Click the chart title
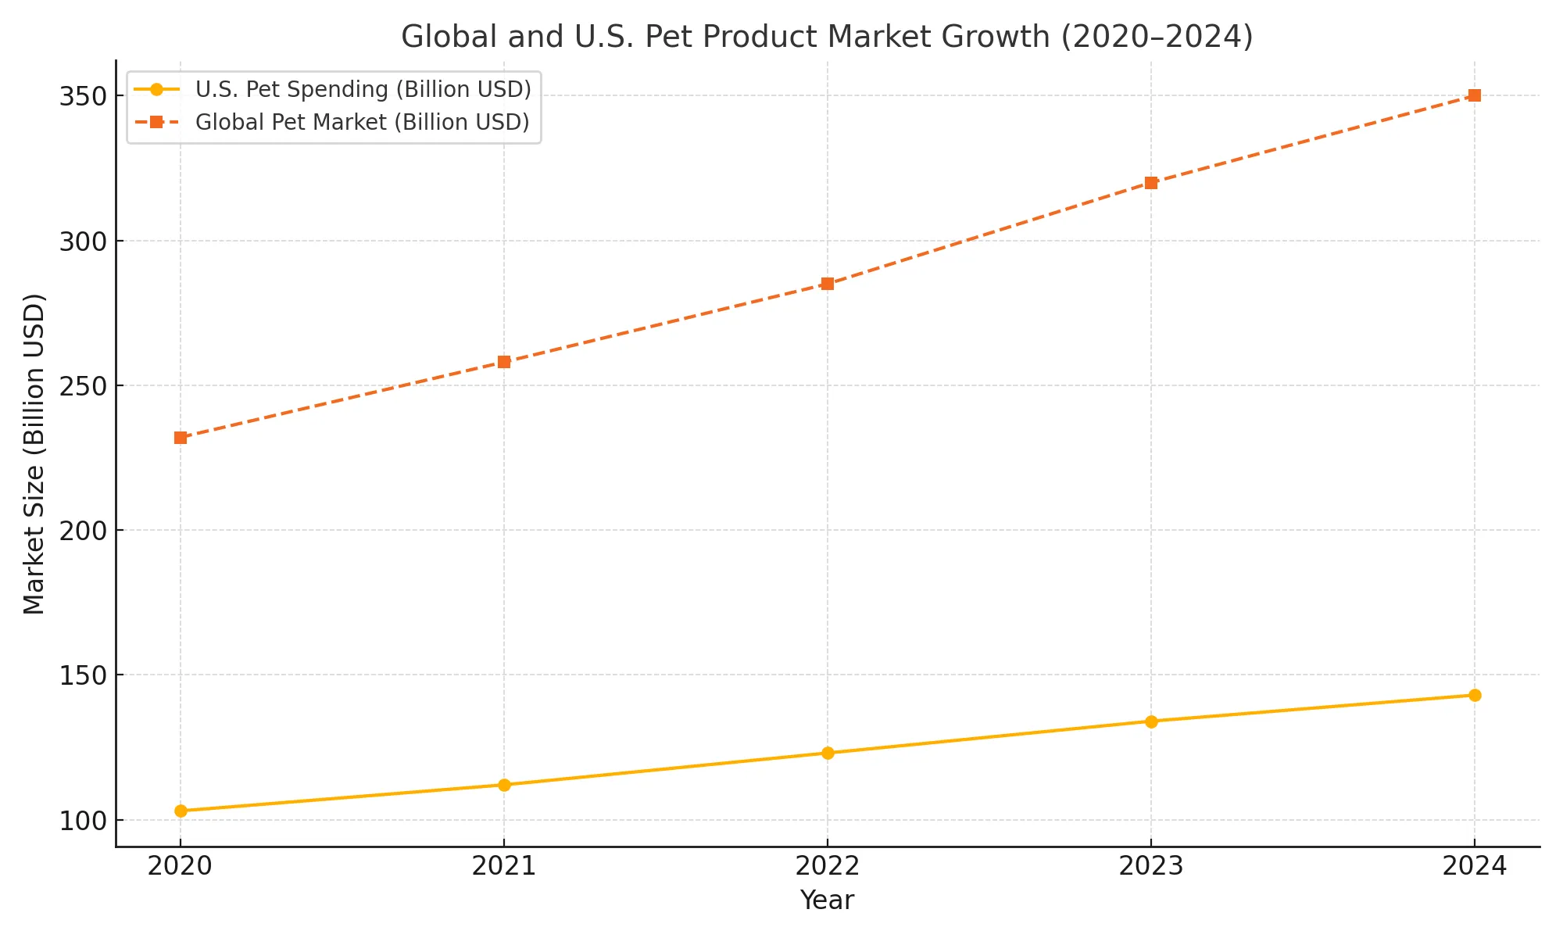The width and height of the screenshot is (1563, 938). [x=827, y=38]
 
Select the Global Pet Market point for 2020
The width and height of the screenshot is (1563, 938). [x=181, y=438]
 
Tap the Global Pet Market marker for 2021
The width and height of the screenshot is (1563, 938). [x=504, y=362]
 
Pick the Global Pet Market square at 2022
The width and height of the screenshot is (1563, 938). [x=828, y=284]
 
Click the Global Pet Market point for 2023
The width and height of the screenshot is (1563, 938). [x=1151, y=183]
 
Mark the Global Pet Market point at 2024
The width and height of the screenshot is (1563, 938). [x=1475, y=95]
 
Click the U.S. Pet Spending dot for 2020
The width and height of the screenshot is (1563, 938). [x=181, y=811]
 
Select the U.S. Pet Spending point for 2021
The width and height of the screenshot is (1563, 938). [x=504, y=785]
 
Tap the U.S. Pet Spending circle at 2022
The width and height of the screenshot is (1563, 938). [x=828, y=753]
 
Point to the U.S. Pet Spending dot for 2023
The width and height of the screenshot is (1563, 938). [x=1151, y=721]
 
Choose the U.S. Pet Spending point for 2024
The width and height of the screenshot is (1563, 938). [x=1475, y=695]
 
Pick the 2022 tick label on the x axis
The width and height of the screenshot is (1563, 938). [x=828, y=866]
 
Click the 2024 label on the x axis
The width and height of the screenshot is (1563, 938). [x=1475, y=866]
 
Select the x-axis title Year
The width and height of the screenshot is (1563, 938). [x=827, y=900]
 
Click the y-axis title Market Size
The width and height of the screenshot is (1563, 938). [x=34, y=453]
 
